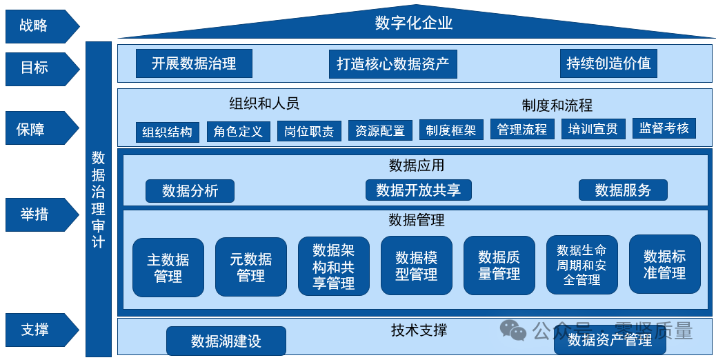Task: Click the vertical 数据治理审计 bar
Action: coord(99,199)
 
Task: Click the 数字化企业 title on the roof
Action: coord(414,23)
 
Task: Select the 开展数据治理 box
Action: coord(194,63)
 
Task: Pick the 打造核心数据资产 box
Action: coord(392,64)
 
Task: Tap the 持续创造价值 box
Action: coord(608,63)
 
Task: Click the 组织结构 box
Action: coord(168,132)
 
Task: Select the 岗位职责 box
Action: coord(309,132)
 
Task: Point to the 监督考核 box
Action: coord(664,128)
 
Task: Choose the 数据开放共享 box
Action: coord(418,190)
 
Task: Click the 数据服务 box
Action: coord(623,190)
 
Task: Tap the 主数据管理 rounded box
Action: coord(168,268)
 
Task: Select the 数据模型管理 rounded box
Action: coord(417,266)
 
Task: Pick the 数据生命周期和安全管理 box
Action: coord(581,265)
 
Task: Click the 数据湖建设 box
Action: coord(226,341)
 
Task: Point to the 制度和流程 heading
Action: coord(557,106)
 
